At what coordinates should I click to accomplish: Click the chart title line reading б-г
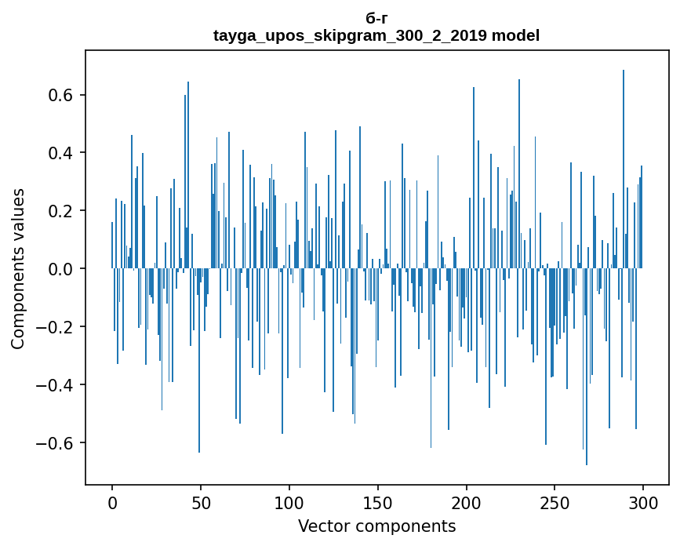376,19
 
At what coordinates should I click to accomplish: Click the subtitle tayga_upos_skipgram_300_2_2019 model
376,35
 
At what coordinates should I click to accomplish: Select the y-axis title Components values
18,268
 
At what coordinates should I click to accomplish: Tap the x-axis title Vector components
376,526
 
